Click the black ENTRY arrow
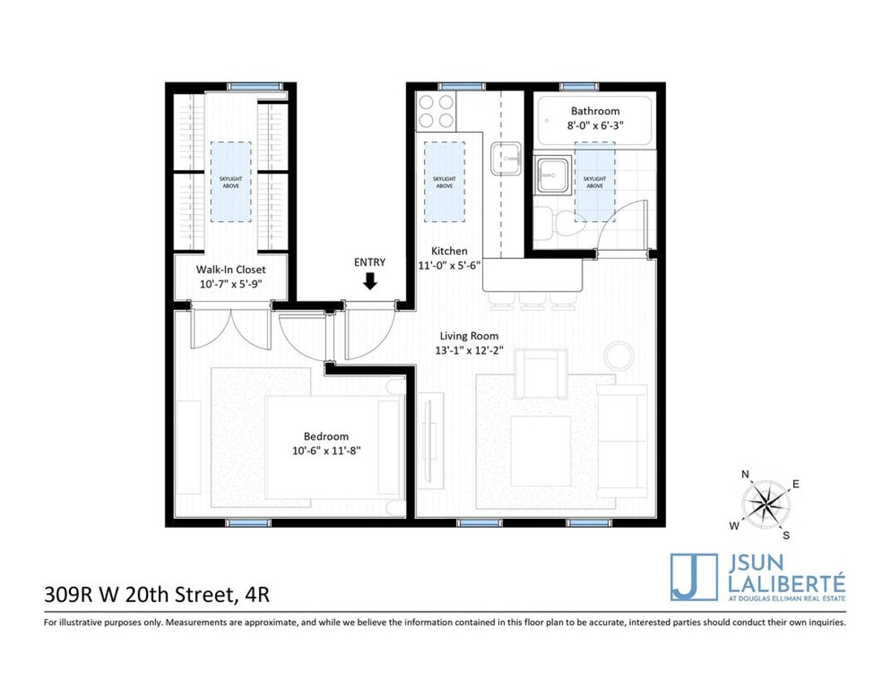pos(370,281)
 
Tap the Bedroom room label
pos(325,436)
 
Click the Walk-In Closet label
pos(230,269)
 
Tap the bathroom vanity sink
pos(551,174)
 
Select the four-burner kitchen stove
pos(436,112)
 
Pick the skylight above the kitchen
pos(444,181)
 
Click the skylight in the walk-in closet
pos(231,181)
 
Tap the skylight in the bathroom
pos(595,181)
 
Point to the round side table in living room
pos(619,356)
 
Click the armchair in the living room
pos(541,374)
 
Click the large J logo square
pos(693,577)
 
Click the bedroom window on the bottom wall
pos(248,523)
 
